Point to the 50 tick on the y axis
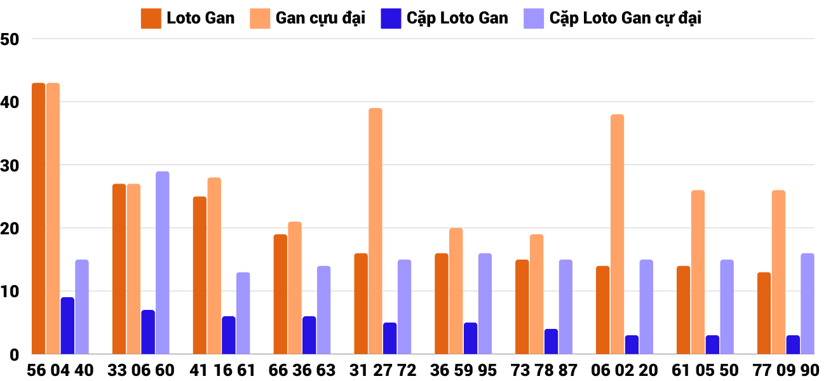click(x=11, y=39)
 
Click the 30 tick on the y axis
click(x=11, y=165)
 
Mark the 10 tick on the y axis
click(x=11, y=291)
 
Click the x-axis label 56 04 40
click(x=60, y=370)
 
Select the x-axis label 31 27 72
click(x=383, y=370)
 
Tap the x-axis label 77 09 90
click(x=785, y=370)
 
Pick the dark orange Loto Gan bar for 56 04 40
click(x=39, y=218)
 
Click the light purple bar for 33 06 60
click(x=163, y=263)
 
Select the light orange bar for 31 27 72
click(x=376, y=231)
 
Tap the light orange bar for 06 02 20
click(x=617, y=234)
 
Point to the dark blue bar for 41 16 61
click(x=229, y=335)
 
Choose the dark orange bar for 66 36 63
click(x=280, y=294)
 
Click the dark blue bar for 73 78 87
click(x=551, y=342)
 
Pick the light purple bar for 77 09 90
click(x=808, y=304)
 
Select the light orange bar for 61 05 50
click(x=698, y=272)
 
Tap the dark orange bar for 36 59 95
click(x=442, y=304)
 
